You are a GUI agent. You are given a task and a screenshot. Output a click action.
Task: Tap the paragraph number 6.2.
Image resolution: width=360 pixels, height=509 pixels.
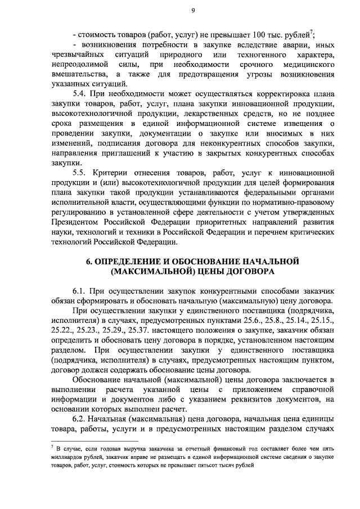[82, 422]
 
